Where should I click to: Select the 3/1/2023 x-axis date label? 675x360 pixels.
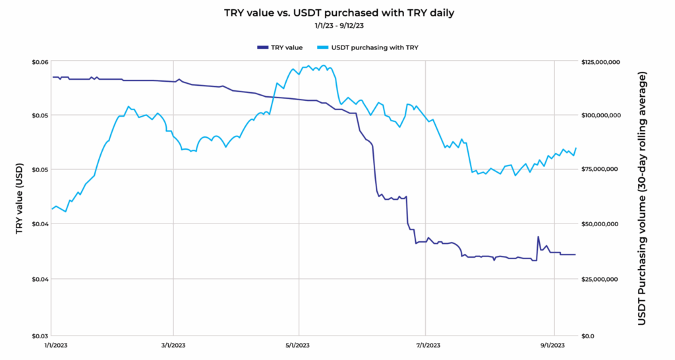(x=173, y=345)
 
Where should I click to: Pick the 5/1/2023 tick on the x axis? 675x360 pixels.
(x=299, y=345)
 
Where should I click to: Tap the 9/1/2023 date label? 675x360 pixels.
(x=554, y=345)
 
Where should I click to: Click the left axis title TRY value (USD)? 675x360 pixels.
(x=20, y=198)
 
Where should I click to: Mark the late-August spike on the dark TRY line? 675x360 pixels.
(x=538, y=237)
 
